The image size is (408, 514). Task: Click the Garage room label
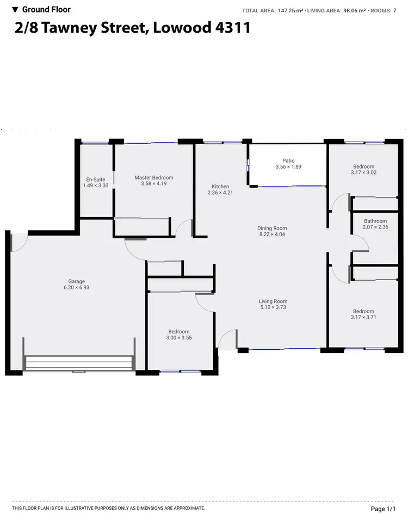pos(76,281)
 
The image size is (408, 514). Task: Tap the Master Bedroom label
pos(154,177)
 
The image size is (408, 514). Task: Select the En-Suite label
pos(92,179)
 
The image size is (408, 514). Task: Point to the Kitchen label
pos(220,187)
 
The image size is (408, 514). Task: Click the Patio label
pos(288,160)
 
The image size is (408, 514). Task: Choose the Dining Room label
pos(272,228)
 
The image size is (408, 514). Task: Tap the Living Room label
pos(273,301)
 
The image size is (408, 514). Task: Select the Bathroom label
pos(375,221)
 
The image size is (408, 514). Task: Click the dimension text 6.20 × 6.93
pos(76,287)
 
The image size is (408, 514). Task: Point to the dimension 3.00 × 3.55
pos(179,338)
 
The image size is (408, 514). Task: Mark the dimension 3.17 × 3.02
pos(364,172)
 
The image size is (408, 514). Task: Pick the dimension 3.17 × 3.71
pos(364,317)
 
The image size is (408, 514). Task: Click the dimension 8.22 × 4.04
pos(272,234)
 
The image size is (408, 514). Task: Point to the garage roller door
pos(79,363)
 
